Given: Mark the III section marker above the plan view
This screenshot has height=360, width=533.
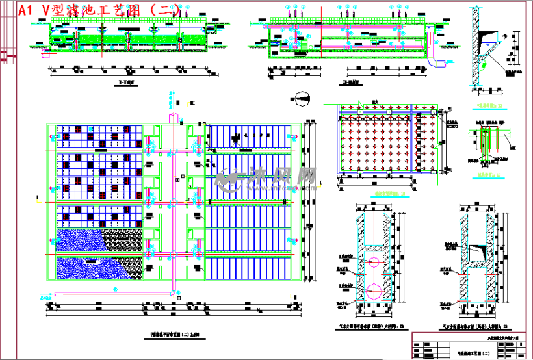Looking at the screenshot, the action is click(194, 103).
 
